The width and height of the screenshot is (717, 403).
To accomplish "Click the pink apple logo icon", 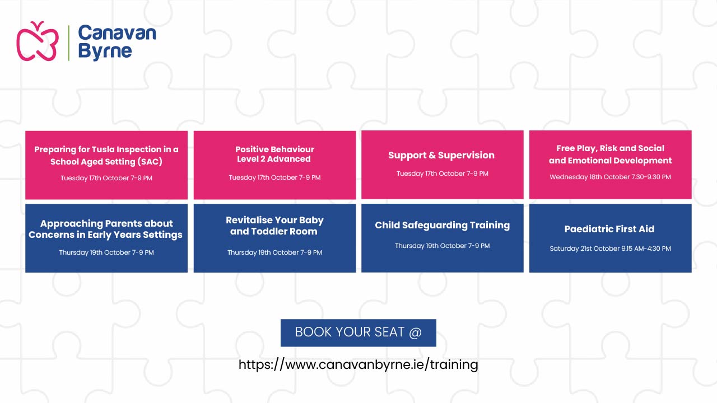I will click(38, 42).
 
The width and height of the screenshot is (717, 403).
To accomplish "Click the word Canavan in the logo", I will click(117, 33).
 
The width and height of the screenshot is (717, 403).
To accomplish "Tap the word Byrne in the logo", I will click(105, 51).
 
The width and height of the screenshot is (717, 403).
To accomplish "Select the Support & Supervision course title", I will click(441, 155).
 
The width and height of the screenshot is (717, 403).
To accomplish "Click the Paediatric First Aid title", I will click(609, 229).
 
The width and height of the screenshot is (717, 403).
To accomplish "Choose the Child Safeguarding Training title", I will click(443, 225).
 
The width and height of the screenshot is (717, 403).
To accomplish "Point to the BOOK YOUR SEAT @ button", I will click(358, 332).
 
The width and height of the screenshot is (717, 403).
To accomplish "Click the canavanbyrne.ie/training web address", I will click(358, 364).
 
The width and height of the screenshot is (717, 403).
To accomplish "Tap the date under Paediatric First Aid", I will click(610, 249).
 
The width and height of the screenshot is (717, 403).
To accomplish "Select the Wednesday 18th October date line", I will click(610, 177).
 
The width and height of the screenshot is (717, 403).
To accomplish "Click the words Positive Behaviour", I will click(274, 149).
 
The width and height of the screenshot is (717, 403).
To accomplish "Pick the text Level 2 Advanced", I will click(274, 159).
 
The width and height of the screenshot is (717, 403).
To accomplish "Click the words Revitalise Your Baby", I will click(274, 220).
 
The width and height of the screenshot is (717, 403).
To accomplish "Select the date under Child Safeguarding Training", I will click(443, 246).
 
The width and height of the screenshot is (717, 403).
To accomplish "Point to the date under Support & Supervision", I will click(443, 174).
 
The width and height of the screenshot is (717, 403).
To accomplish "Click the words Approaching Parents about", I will click(106, 223).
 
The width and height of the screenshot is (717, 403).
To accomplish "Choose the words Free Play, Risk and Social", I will click(610, 148).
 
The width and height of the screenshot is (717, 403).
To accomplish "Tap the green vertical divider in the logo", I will click(68, 43).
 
